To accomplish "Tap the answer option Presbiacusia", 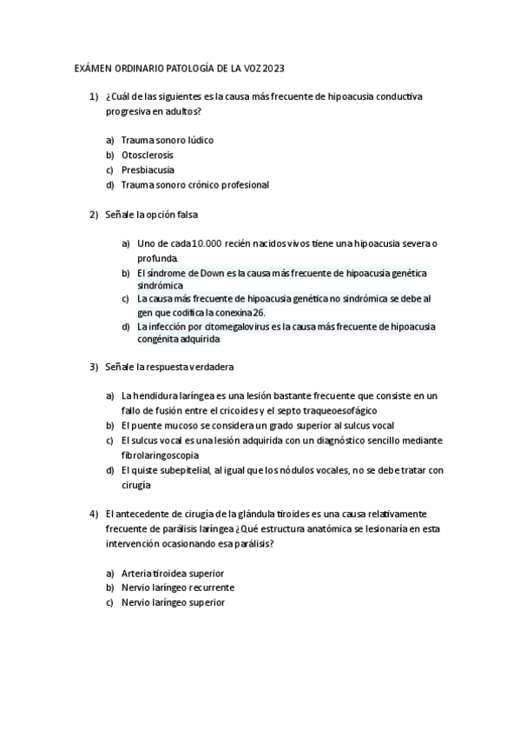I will coord(148,169).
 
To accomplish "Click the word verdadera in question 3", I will coord(212,367).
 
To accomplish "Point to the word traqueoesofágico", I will coord(344,410).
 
